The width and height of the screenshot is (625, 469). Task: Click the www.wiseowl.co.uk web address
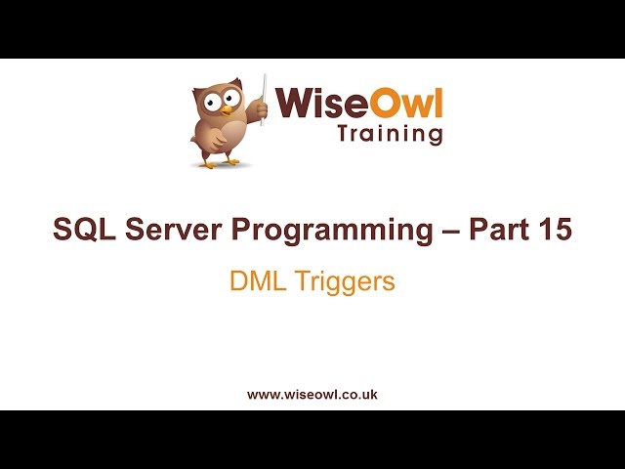(x=312, y=395)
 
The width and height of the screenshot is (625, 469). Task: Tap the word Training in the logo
(x=390, y=135)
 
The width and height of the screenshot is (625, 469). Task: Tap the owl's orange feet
(x=220, y=163)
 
